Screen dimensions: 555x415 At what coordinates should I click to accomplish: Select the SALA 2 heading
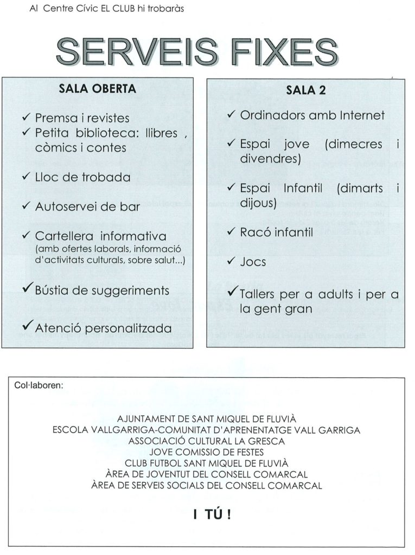point(306,91)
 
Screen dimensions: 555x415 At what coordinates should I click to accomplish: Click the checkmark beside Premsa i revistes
point(27,117)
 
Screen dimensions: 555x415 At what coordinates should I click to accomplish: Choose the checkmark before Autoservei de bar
point(27,206)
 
